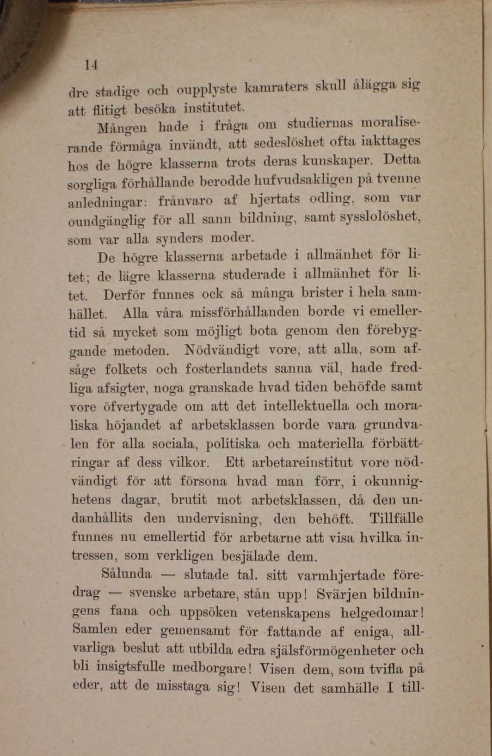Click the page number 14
(x=91, y=65)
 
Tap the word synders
(x=179, y=238)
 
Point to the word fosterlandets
(x=226, y=369)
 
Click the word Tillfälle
(x=396, y=518)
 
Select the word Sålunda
(x=126, y=574)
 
